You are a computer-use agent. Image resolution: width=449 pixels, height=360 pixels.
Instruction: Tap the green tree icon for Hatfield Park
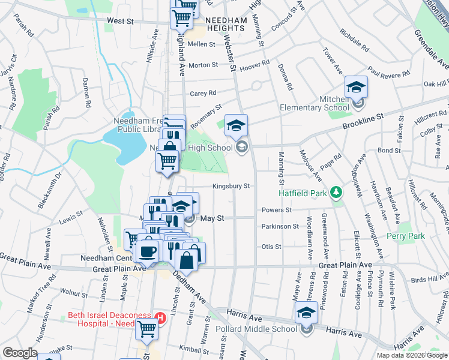pos(337,192)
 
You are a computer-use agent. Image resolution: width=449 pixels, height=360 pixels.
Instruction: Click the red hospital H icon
pos(160,317)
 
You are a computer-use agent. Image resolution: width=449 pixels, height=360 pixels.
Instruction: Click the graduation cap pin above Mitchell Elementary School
pos(356,88)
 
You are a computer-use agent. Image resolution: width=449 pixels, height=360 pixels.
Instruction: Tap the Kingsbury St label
pos(230,186)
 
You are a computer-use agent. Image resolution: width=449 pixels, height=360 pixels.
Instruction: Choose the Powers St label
pos(276,210)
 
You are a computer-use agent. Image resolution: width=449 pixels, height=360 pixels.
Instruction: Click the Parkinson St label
pos(280,226)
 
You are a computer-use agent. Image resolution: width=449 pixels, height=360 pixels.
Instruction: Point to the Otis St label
pos(271,247)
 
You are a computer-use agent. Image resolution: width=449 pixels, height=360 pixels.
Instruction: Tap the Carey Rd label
pos(202,93)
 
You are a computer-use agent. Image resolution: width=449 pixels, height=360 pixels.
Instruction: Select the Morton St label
pos(203,65)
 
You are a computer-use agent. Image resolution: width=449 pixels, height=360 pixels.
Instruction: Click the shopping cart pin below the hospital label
pos(147,329)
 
